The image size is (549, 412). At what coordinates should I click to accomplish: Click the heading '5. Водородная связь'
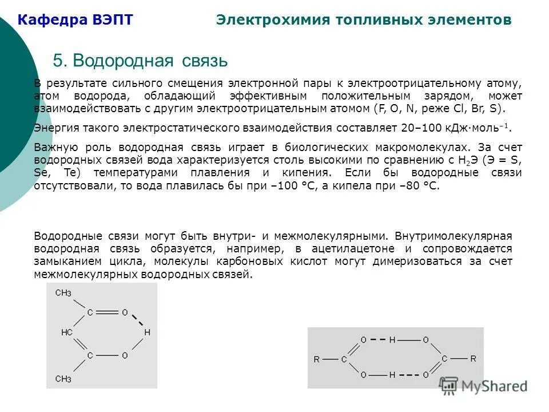point(140,61)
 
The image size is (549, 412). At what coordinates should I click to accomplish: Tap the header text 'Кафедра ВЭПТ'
point(75,20)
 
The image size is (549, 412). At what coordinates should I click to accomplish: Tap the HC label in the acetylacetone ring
point(67,332)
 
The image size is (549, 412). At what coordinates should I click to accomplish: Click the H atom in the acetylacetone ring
point(147,332)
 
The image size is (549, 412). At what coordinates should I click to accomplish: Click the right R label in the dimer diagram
point(473,359)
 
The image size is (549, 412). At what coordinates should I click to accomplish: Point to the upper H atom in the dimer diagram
point(392,340)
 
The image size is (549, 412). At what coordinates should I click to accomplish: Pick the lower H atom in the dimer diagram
point(392,375)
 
